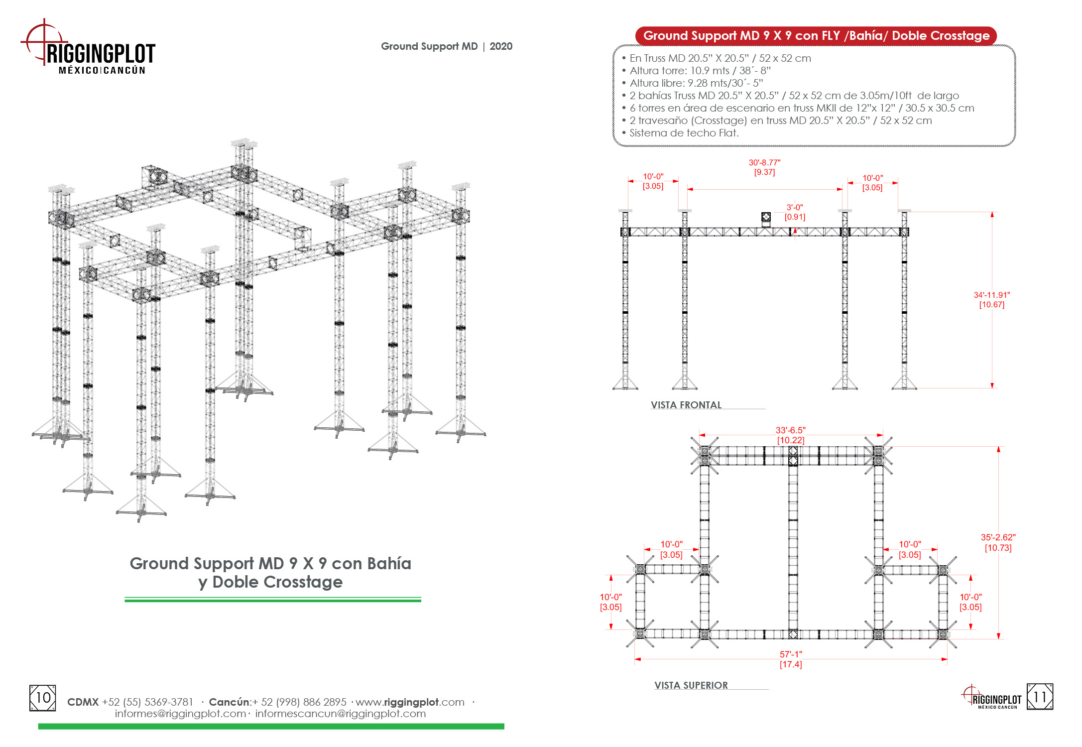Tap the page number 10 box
(43, 698)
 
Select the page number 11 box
(1040, 697)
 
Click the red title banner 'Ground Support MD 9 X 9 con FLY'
(816, 36)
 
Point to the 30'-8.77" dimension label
(764, 167)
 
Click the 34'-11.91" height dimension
(992, 300)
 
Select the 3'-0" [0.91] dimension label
(795, 212)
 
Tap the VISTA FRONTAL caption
(686, 405)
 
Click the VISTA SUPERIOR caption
(691, 685)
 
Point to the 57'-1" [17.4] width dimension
(791, 659)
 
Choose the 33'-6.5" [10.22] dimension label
(791, 435)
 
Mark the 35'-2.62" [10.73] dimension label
(998, 543)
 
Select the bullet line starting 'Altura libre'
(692, 83)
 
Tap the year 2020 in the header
(501, 46)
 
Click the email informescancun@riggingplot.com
(341, 714)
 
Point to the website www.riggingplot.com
(410, 702)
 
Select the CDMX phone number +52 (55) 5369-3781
(147, 702)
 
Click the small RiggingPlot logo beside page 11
(991, 697)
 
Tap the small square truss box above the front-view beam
(766, 217)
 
